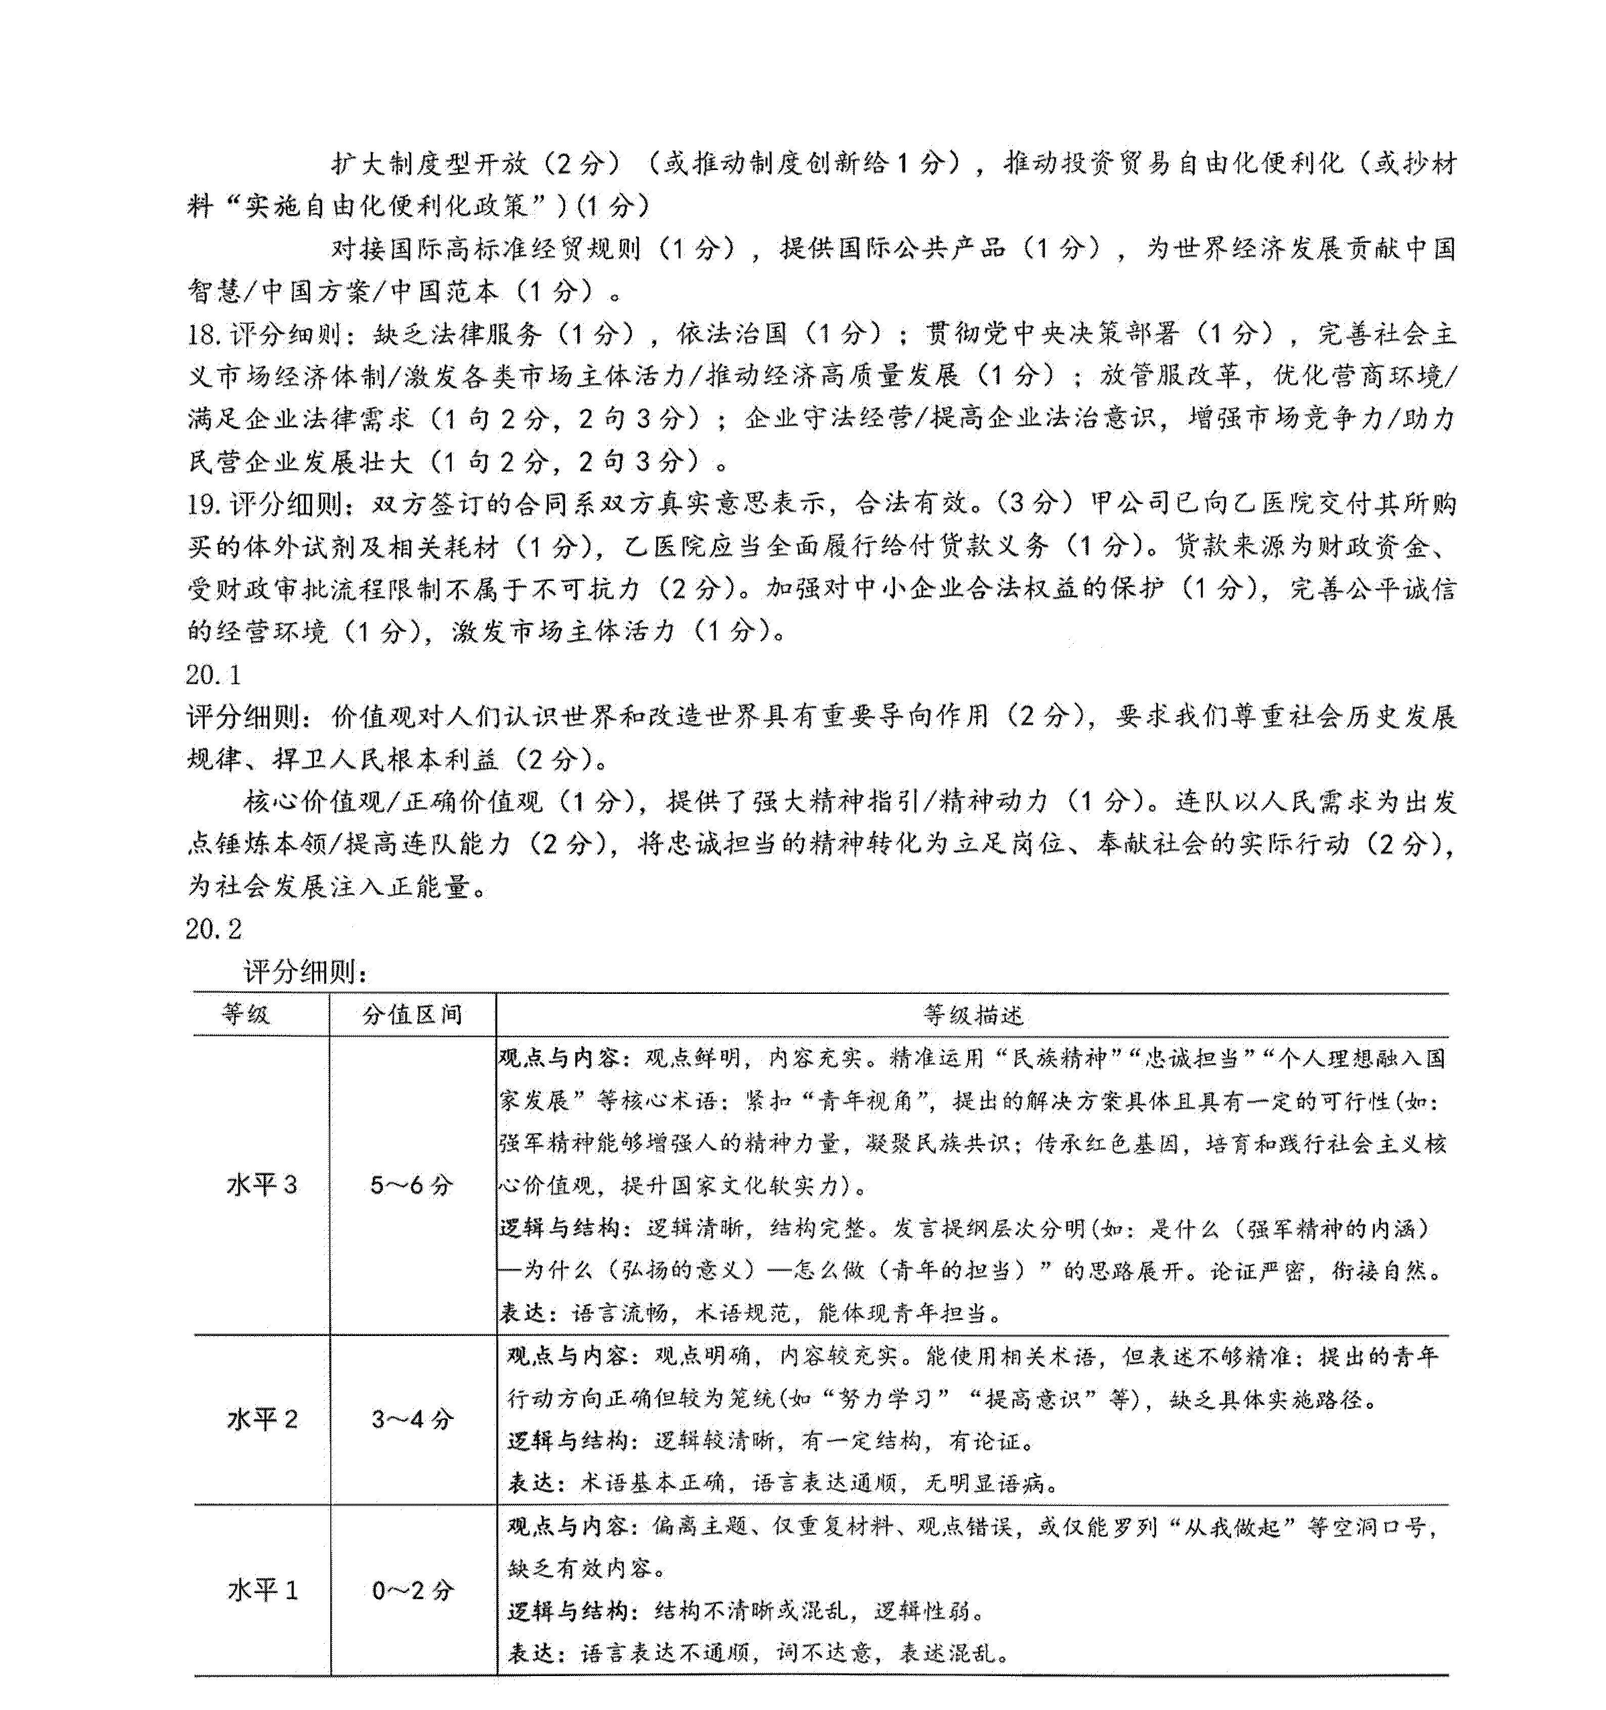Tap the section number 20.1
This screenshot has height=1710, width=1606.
click(213, 675)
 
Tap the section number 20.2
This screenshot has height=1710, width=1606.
click(213, 929)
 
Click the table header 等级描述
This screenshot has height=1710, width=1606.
click(973, 1016)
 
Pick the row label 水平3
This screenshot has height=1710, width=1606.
click(262, 1185)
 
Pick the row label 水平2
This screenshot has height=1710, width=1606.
click(262, 1420)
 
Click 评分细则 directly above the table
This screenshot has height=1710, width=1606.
click(305, 973)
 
